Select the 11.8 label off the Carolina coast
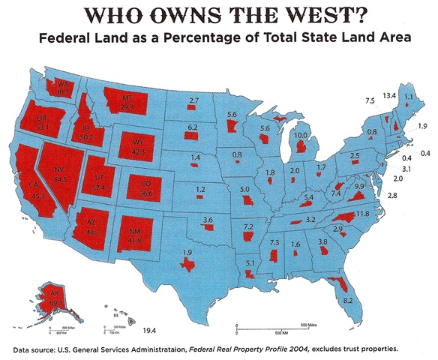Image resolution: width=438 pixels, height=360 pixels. click(362, 214)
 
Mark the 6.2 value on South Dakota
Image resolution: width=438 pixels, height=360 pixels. click(193, 128)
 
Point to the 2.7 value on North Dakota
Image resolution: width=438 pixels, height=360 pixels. click(193, 100)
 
